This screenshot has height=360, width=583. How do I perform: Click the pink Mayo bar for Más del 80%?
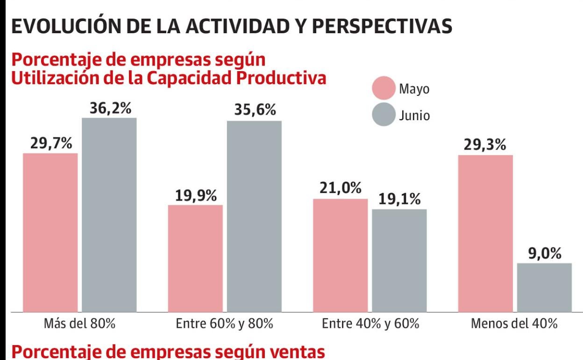tap(50, 232)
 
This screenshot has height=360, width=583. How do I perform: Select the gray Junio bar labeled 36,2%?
tap(109, 215)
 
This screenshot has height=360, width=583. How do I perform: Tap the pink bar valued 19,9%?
tap(195, 258)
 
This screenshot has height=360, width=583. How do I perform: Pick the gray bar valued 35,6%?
tap(255, 216)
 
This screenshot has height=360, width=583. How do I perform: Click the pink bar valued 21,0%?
tap(341, 255)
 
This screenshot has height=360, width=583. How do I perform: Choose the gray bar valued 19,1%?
tap(399, 260)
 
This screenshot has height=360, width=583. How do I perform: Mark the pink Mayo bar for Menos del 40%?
tap(485, 233)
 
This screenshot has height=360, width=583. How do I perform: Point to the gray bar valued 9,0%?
tap(544, 287)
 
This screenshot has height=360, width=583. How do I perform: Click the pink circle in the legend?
tap(384, 89)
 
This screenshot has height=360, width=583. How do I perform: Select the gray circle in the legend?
tap(384, 115)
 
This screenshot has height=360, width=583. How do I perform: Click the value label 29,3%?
tap(485, 145)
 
